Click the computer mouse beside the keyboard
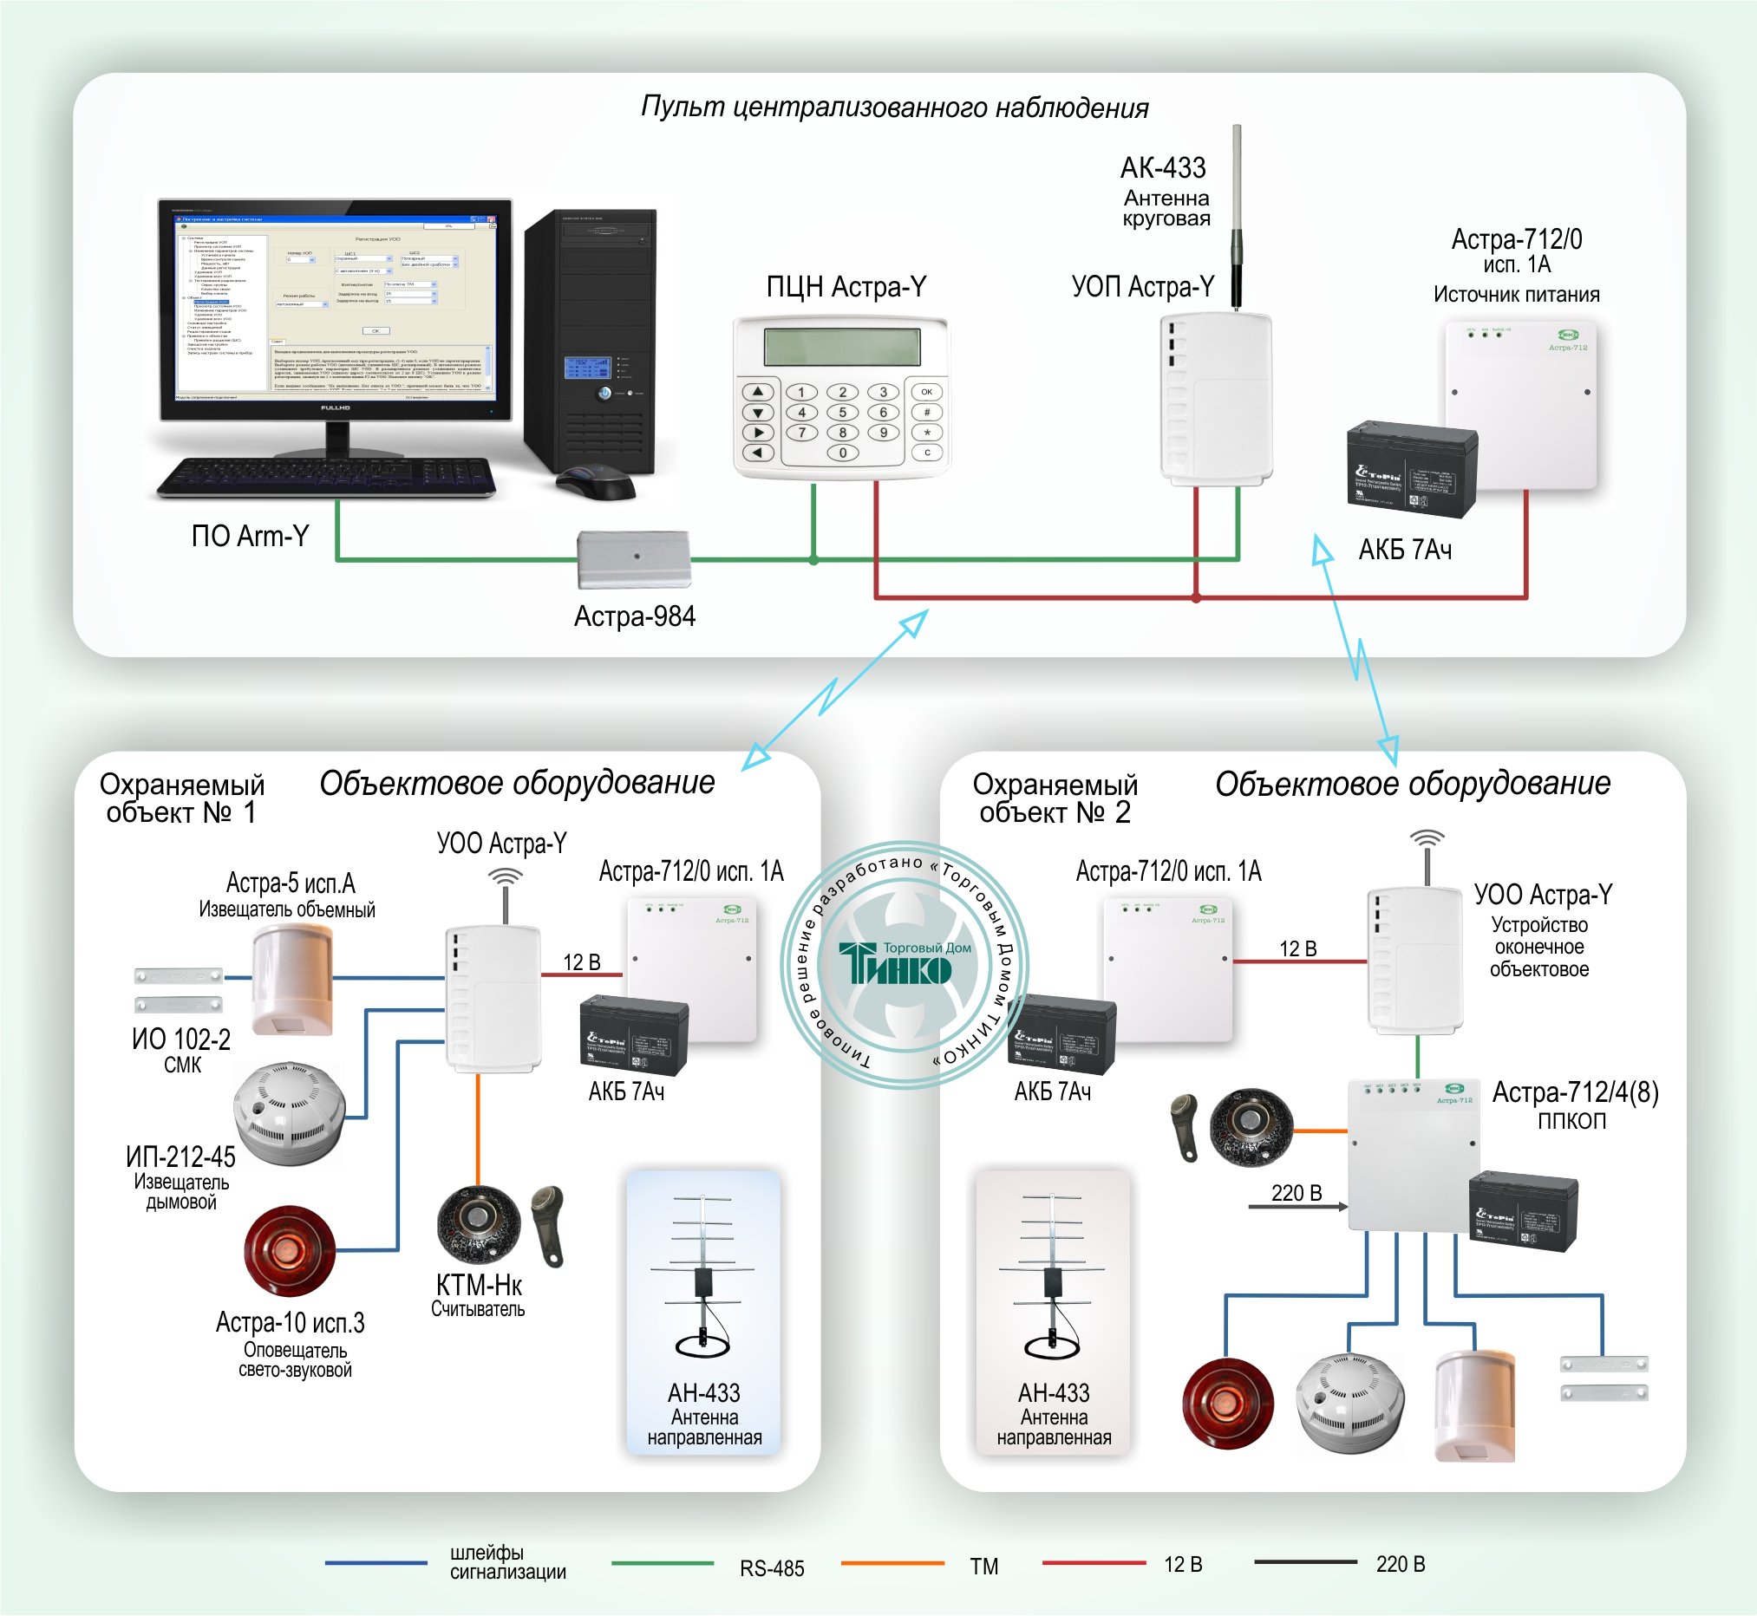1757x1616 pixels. [x=597, y=482]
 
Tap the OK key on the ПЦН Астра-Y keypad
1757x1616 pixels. [x=926, y=392]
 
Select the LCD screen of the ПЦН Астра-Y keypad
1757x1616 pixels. [x=841, y=347]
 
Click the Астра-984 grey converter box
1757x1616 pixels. [x=634, y=559]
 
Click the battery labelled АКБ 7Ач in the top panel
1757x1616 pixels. [x=1411, y=469]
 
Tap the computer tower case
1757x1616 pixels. [x=591, y=341]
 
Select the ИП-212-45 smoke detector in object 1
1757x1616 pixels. [x=290, y=1113]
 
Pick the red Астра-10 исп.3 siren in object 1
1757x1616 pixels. [x=290, y=1250]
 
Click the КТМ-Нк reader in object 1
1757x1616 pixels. [x=479, y=1223]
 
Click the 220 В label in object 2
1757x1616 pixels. [x=1296, y=1193]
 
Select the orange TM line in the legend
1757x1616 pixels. [x=892, y=1562]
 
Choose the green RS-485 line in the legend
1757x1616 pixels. [x=662, y=1562]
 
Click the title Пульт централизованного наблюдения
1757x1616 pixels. [x=894, y=108]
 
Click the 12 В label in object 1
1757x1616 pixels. [x=582, y=962]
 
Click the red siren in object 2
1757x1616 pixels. [x=1227, y=1403]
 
